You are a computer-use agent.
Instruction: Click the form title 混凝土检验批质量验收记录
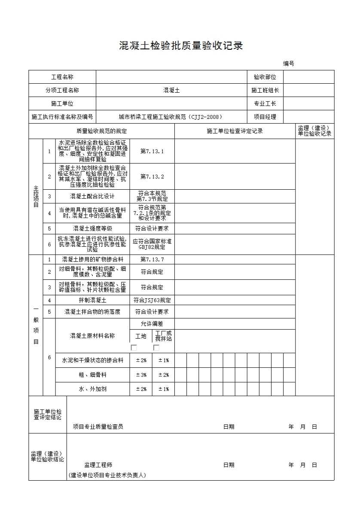181,46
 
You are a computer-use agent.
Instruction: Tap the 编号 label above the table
288,64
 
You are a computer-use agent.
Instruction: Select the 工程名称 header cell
62,77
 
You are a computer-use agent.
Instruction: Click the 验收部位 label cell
265,77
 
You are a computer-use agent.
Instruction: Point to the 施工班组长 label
265,91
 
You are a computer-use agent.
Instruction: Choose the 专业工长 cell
265,104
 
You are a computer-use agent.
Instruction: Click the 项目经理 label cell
265,117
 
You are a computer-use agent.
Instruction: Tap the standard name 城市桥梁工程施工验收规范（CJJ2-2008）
171,117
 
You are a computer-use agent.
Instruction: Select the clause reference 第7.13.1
152,151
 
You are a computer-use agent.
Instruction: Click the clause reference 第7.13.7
152,260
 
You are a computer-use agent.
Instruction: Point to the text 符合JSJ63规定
152,300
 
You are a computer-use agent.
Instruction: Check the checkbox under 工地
134,348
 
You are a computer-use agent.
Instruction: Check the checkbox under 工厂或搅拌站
156,348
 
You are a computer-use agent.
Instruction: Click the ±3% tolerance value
141,375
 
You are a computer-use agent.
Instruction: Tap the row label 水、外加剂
92,389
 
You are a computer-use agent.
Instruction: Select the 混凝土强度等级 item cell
92,229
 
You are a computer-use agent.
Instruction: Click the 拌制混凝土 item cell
92,300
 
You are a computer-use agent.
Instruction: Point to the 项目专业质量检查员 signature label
98,427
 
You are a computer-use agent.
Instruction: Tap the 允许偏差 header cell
152,324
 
